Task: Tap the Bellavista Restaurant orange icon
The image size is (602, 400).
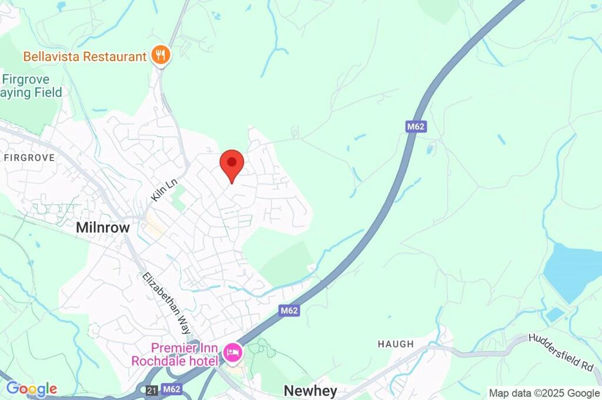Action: (x=160, y=56)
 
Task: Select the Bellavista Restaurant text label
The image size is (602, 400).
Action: (x=85, y=57)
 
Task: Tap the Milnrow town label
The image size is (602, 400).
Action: (x=103, y=228)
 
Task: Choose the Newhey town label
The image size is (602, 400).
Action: (x=310, y=391)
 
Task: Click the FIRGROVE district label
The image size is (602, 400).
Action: (x=29, y=158)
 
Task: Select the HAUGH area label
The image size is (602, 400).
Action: (x=396, y=344)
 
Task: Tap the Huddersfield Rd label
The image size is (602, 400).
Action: (x=561, y=352)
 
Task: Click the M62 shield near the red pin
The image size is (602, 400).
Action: (x=415, y=126)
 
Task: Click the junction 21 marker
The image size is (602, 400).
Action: (x=152, y=389)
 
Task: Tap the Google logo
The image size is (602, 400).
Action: (x=32, y=388)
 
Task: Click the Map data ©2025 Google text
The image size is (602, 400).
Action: (x=544, y=393)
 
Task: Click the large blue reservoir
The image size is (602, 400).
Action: (x=573, y=271)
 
